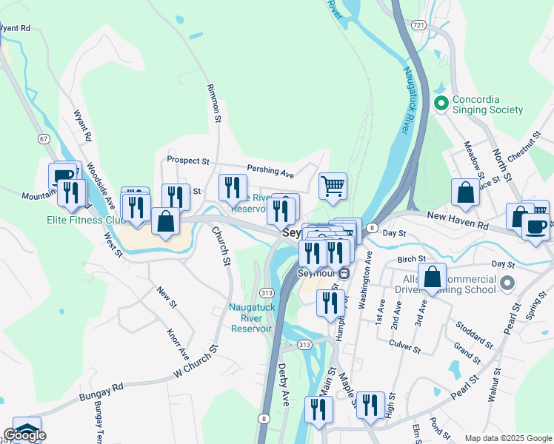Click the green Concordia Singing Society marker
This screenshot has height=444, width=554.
pos(442,104)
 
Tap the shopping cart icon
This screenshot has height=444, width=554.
pos(333,185)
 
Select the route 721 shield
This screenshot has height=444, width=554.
pos(419,25)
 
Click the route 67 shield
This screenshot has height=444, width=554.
pos(44,139)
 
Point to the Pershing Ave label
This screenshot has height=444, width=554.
pos(270,172)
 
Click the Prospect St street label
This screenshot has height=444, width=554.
pos(188,160)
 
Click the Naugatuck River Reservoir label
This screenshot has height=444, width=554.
pos(250,318)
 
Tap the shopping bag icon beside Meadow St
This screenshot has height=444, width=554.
pos(466,192)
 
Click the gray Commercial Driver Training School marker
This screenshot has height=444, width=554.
pos(507,283)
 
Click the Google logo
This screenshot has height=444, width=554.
pos(24,435)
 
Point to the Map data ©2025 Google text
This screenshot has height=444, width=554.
pos(508,438)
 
